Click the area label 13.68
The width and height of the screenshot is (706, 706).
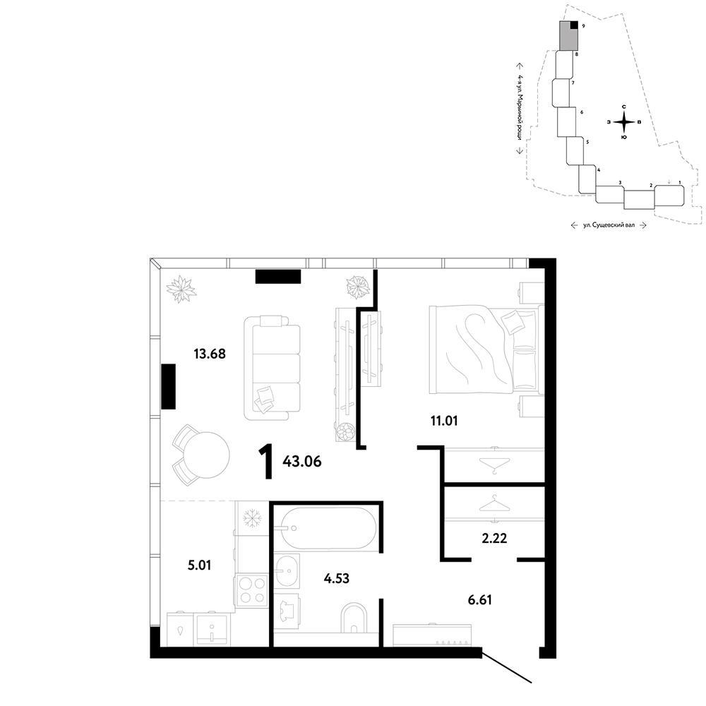(210, 354)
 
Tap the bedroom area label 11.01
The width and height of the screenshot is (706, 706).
(444, 421)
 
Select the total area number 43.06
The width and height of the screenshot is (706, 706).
(301, 462)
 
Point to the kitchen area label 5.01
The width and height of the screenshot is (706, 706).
(200, 565)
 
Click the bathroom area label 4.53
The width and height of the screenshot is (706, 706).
(336, 578)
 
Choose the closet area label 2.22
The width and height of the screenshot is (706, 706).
(494, 538)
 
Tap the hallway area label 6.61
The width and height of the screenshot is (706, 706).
(479, 599)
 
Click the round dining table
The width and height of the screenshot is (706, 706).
(207, 455)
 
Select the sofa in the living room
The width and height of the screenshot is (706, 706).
(272, 368)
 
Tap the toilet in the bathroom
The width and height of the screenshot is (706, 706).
(354, 618)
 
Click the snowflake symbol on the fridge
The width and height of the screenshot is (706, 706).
(252, 518)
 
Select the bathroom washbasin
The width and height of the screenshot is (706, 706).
(287, 571)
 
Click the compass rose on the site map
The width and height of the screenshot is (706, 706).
(624, 122)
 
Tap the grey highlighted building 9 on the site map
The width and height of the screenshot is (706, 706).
(568, 37)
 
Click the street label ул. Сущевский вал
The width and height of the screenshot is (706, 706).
(609, 225)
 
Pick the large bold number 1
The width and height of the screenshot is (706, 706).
(266, 461)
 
